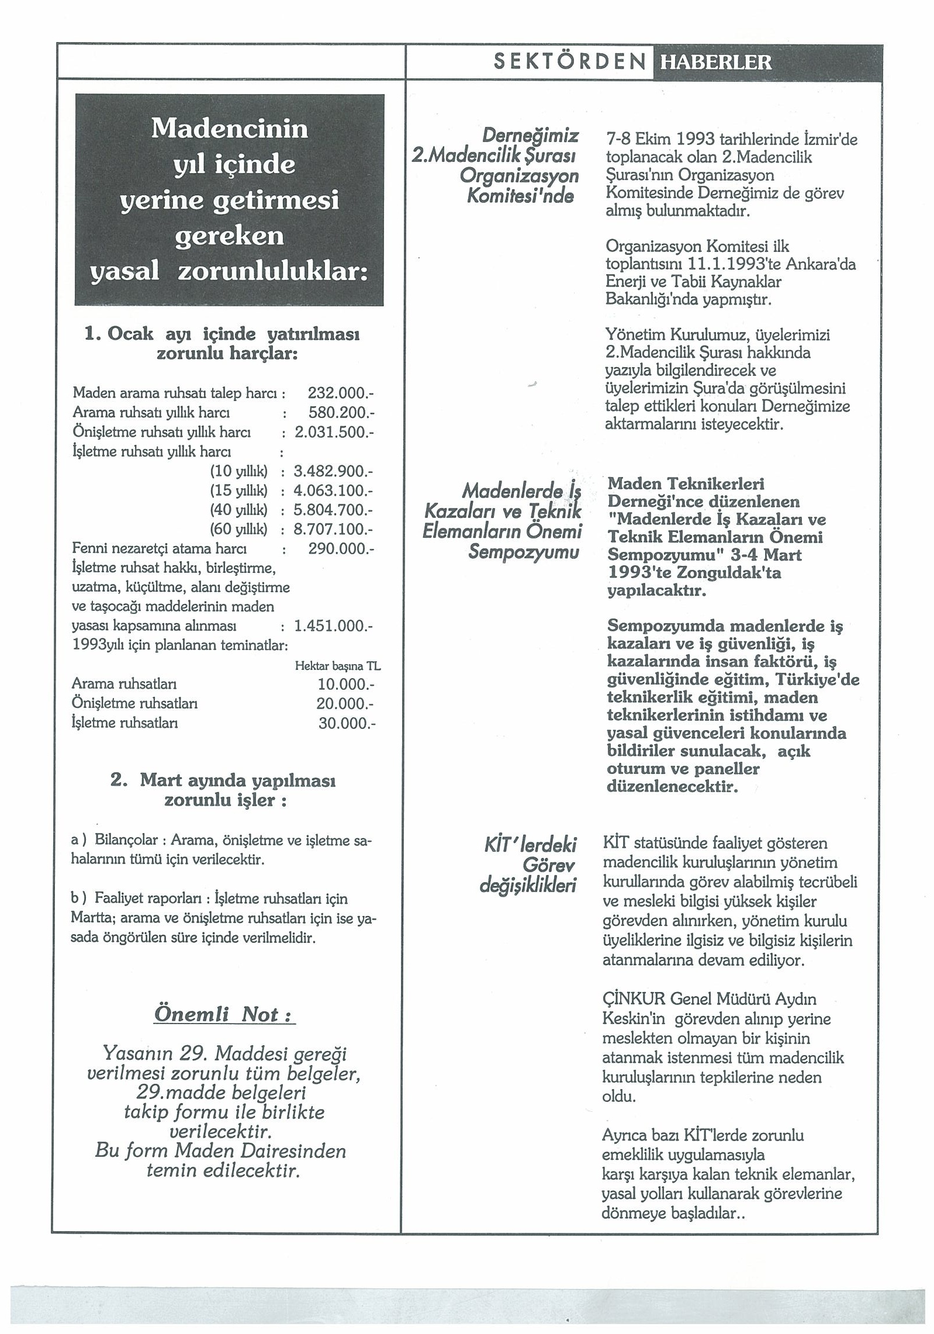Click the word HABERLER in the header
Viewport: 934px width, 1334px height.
715,62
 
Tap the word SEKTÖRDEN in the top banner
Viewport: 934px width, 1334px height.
570,62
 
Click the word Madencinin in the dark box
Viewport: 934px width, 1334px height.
230,129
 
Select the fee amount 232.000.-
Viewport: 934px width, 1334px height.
340,393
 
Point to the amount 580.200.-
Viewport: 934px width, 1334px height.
341,413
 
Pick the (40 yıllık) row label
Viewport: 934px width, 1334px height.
238,510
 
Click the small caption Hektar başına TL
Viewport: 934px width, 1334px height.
338,666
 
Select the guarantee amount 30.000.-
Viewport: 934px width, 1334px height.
347,723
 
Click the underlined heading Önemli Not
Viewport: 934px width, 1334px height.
224,1014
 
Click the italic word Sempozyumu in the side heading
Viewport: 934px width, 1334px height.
523,552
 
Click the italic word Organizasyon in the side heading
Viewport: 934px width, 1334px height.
519,176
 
